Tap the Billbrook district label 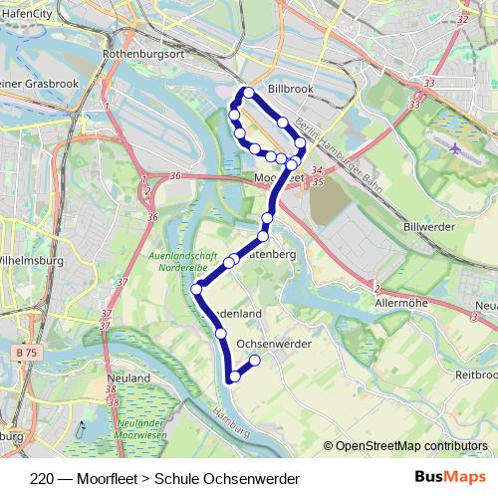[x=291, y=88]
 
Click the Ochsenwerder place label [x=275, y=344]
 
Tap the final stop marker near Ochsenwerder [x=255, y=361]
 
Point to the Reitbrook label [x=476, y=374]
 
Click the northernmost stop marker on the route [x=247, y=92]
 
